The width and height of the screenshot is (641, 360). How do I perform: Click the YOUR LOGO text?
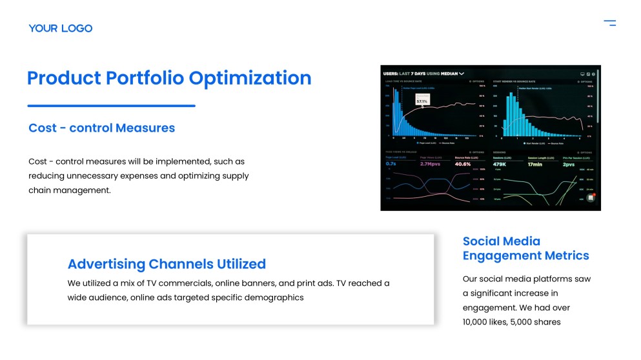click(61, 28)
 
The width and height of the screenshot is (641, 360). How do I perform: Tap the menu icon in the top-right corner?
click(609, 23)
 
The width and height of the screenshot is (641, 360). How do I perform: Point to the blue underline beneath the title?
click(111, 106)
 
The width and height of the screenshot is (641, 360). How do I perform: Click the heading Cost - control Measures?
click(101, 128)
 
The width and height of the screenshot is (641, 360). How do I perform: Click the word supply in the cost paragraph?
click(234, 175)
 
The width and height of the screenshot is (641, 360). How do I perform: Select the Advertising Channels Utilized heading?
click(167, 264)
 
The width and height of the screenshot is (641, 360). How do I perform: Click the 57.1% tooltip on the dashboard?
click(422, 101)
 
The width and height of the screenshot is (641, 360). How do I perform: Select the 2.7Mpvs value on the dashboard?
click(431, 164)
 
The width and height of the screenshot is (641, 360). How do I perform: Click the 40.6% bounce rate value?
click(463, 164)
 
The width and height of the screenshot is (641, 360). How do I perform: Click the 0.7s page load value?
click(391, 164)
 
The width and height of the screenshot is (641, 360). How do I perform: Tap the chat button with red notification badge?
click(590, 197)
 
